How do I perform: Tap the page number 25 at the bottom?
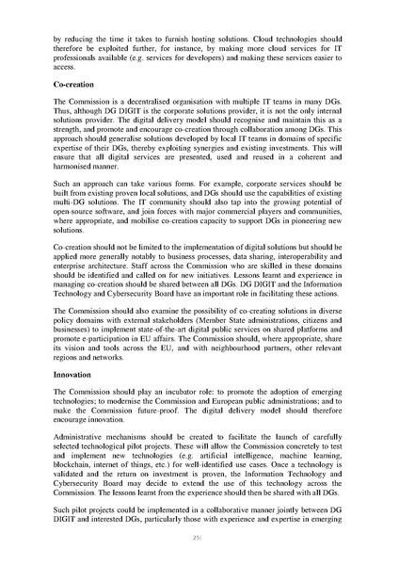(199, 539)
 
